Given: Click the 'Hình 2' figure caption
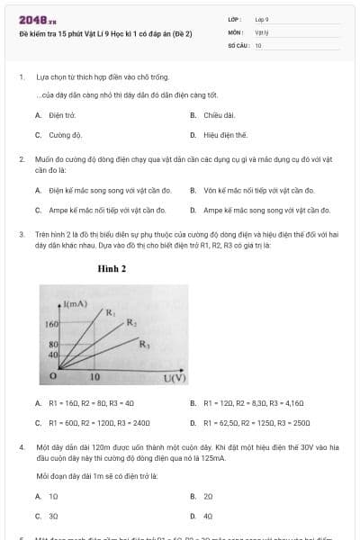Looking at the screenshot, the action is click(x=112, y=268).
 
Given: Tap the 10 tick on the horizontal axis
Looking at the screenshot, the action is click(x=94, y=377).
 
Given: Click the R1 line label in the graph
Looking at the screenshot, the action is click(x=111, y=313).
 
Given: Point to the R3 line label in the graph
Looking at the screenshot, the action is click(x=143, y=343).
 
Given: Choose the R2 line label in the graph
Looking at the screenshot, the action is click(x=130, y=322).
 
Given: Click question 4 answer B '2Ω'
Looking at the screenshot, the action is click(x=208, y=496).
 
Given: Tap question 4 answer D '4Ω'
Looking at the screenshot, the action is click(x=208, y=516).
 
